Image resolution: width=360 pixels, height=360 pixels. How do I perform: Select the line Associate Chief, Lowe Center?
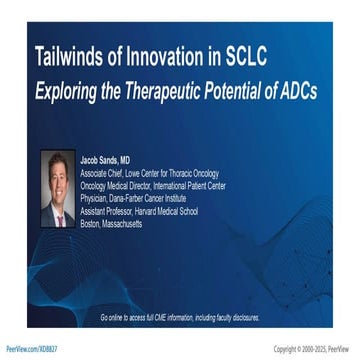point(144,172)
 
